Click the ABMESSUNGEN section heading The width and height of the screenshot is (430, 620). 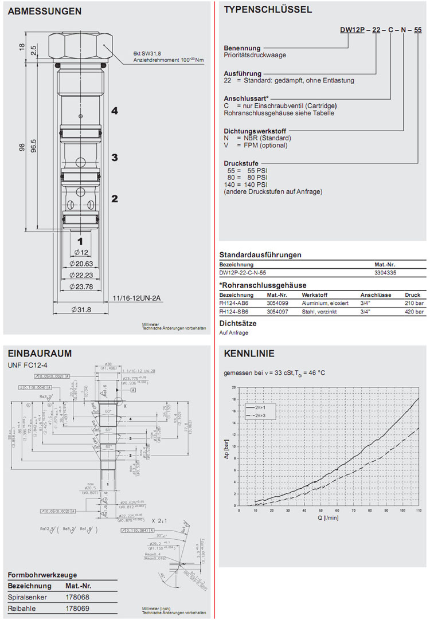point(45,11)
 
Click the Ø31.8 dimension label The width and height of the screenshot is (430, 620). point(81,310)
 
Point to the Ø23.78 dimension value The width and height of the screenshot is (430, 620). point(81,287)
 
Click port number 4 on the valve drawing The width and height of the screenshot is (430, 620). point(115,111)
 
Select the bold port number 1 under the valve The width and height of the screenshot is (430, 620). point(81,241)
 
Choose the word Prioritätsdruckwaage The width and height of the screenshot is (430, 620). point(255,56)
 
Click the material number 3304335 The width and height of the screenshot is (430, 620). point(388,274)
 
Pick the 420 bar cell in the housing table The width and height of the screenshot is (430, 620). point(415,312)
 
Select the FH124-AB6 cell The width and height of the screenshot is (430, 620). point(233,303)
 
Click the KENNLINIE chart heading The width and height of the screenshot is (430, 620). point(249,354)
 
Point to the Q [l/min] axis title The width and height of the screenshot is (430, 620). point(327,517)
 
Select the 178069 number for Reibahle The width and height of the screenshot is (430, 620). point(77,608)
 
